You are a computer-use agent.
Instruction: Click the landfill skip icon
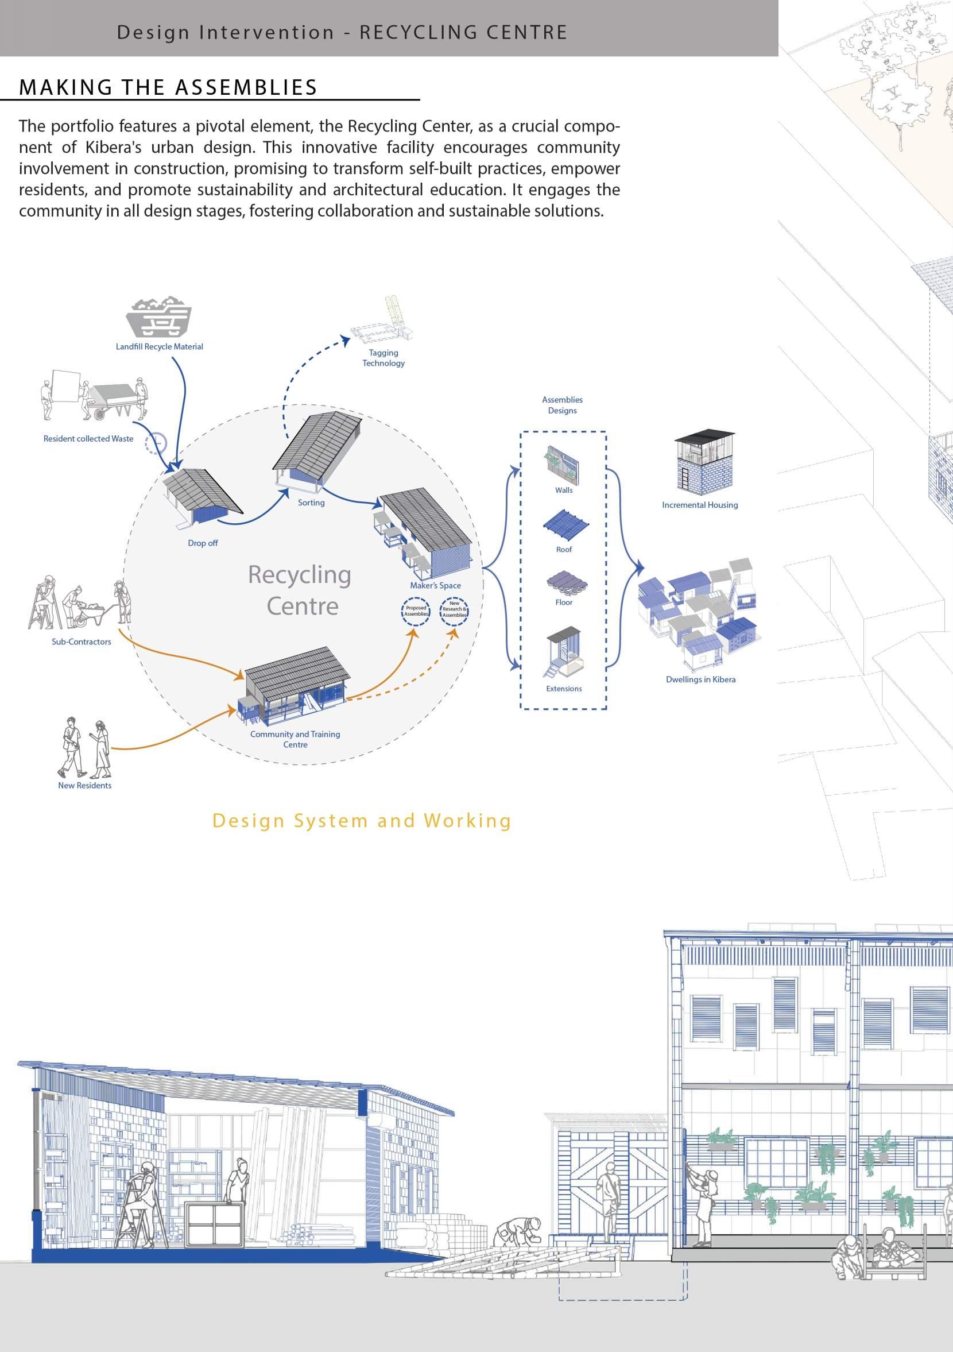pyautogui.click(x=159, y=318)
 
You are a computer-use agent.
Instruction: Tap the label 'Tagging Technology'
pyautogui.click(x=383, y=358)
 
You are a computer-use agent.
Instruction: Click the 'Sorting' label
pyautogui.click(x=311, y=503)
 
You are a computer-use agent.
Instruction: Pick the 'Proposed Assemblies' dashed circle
pyautogui.click(x=416, y=611)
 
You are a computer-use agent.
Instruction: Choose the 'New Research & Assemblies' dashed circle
pyautogui.click(x=454, y=609)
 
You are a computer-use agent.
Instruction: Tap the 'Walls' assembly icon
pyautogui.click(x=562, y=465)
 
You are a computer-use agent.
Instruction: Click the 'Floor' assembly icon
pyautogui.click(x=564, y=583)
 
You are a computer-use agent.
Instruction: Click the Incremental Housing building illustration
pyautogui.click(x=703, y=463)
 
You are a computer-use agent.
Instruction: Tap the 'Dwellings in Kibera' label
pyautogui.click(x=700, y=679)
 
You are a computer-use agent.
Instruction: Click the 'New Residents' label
pyautogui.click(x=85, y=785)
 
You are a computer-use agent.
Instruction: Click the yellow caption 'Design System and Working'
pyautogui.click(x=362, y=820)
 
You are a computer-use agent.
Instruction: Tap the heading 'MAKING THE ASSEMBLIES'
pyautogui.click(x=168, y=87)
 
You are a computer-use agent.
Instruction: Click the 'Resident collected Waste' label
pyautogui.click(x=88, y=438)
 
